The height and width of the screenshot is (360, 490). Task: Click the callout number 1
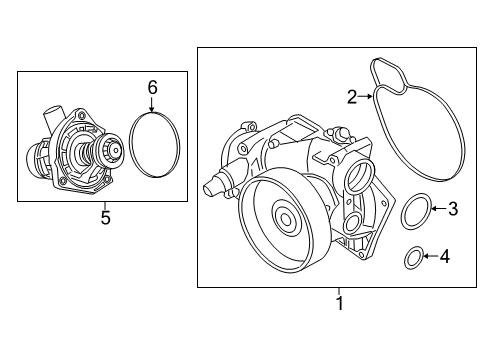[x=339, y=303]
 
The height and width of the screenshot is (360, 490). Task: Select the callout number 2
[x=352, y=97]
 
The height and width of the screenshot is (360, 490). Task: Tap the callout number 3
[x=453, y=209]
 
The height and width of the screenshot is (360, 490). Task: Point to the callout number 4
[x=445, y=256]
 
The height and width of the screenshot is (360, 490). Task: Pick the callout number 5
[x=105, y=218]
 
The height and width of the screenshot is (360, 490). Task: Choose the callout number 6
[x=152, y=88]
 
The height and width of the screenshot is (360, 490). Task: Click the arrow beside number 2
[x=366, y=96]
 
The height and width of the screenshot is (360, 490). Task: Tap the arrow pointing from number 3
[x=439, y=209]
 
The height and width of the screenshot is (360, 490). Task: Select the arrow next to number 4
[x=430, y=256]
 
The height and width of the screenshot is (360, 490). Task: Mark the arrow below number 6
[x=152, y=104]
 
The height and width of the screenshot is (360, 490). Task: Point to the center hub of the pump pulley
[x=286, y=219]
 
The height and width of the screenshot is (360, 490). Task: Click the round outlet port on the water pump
[x=361, y=175]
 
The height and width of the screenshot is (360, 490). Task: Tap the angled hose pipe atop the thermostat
[x=53, y=117]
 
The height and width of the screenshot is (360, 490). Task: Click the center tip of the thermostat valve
[x=116, y=150]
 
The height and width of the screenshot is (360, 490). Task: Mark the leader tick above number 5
[x=105, y=205]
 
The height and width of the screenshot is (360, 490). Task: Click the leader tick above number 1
[x=339, y=291]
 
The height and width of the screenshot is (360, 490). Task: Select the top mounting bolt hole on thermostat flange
[x=81, y=116]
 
